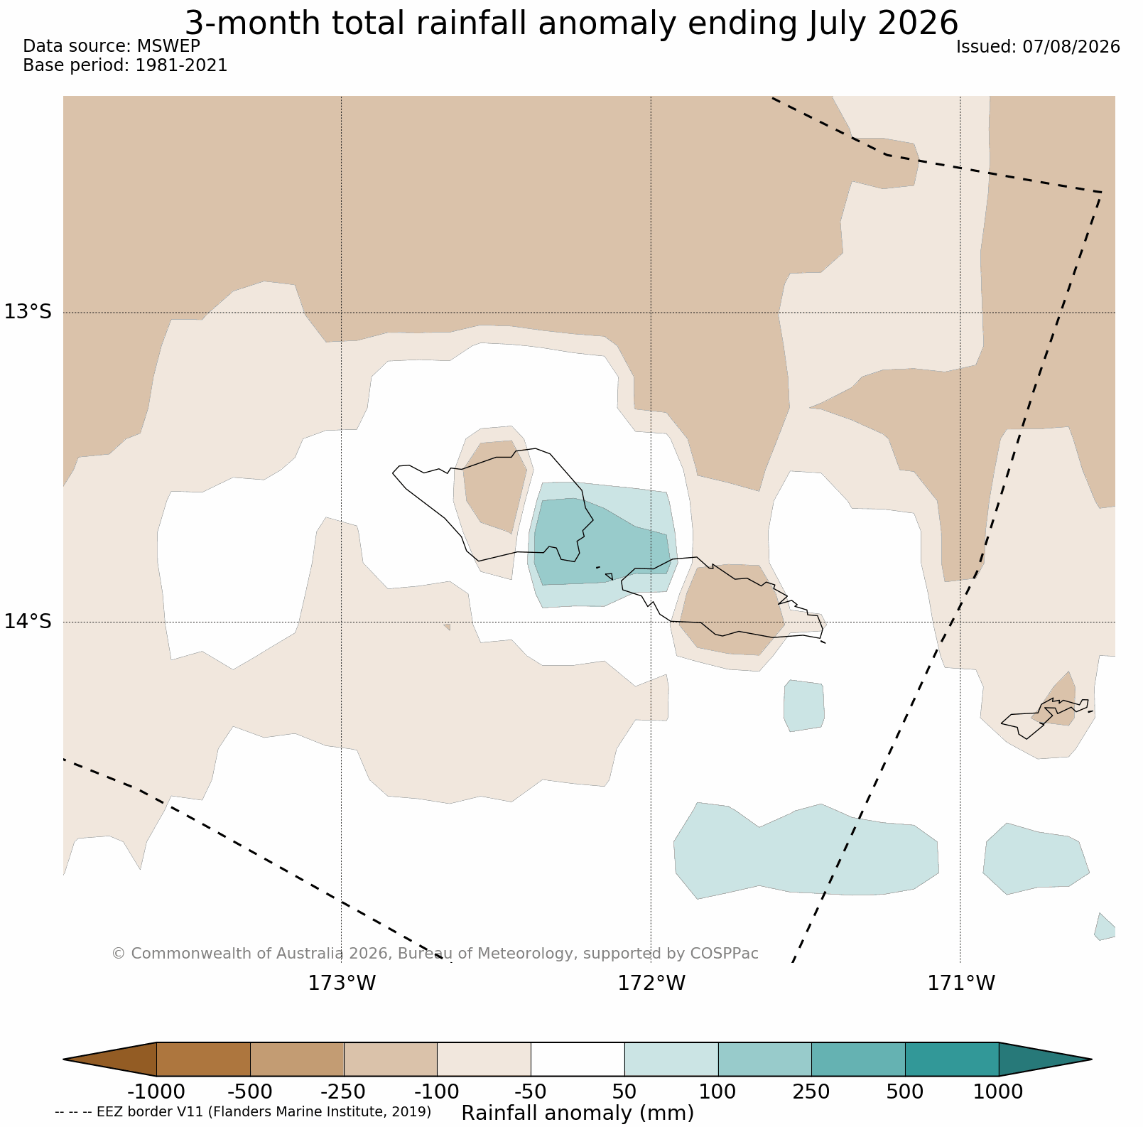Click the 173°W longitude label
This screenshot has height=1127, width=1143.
point(342,983)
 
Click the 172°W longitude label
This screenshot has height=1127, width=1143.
point(651,983)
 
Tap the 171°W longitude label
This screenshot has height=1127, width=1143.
point(961,983)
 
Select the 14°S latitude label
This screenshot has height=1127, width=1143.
point(28,621)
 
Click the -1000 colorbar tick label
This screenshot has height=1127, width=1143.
point(156,1091)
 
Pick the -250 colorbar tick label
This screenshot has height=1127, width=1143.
point(344,1091)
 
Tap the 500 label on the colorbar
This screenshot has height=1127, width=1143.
point(905,1091)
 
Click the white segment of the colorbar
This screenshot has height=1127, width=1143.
point(578,1059)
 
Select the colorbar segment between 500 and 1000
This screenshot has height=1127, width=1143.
point(952,1059)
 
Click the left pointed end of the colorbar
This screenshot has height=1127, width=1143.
point(65,1059)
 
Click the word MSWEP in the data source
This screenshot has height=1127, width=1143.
point(168,46)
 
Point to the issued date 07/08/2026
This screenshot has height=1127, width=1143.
point(1071,47)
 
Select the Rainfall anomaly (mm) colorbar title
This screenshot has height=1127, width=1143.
point(578,1113)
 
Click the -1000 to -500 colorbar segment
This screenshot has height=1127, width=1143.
point(203,1059)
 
